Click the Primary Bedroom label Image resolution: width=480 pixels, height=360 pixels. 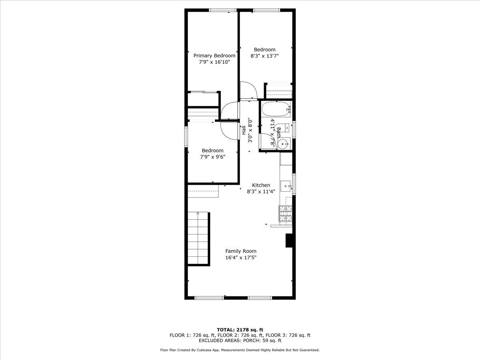coord(214,56)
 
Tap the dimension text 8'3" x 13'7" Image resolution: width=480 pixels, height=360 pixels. coord(264,56)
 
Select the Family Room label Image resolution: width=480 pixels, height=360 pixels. coord(241,251)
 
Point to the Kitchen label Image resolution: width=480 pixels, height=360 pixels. coord(261,185)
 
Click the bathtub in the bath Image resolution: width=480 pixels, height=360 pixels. coord(276,109)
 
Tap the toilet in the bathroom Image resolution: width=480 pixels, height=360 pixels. coord(284,128)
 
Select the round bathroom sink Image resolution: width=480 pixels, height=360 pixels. coord(284,144)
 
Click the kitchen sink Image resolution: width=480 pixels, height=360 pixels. coord(286,186)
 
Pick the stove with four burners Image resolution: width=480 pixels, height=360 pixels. coord(285,213)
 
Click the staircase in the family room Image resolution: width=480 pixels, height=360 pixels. coord(198,238)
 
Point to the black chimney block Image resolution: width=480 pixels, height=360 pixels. coord(289,240)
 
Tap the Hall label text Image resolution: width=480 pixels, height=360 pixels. coord(244,130)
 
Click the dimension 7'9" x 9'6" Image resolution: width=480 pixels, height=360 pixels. coord(212,157)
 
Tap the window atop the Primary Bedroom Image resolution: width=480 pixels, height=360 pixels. coord(223,10)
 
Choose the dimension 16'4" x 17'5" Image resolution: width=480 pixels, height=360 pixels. coord(241,258)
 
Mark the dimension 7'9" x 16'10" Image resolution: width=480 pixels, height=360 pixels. coord(214,62)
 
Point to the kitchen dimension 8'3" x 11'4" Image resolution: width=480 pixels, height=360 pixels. coord(261,192)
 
